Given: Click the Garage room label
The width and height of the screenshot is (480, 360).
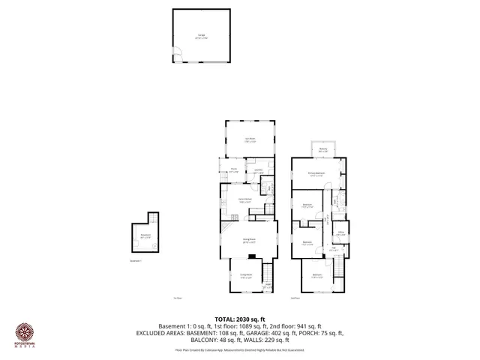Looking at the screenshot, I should tap(201, 35).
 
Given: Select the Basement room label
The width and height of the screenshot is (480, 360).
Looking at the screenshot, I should tap(145, 235).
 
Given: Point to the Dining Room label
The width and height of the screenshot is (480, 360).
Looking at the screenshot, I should tap(248, 241).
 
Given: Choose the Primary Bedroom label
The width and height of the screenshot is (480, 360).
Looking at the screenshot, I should tap(316, 173).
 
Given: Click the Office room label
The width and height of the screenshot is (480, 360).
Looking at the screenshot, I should tap(340, 232).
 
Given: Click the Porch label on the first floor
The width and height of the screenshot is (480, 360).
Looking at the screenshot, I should tap(234, 169).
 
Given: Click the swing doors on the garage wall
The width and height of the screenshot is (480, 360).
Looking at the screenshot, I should tap(177, 52).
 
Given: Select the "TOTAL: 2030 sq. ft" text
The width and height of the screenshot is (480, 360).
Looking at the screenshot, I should tap(240, 317).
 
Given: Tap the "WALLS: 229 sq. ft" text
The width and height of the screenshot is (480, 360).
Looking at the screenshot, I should tap(286, 339).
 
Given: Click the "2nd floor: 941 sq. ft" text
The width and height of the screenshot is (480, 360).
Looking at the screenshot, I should tap(295, 325).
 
